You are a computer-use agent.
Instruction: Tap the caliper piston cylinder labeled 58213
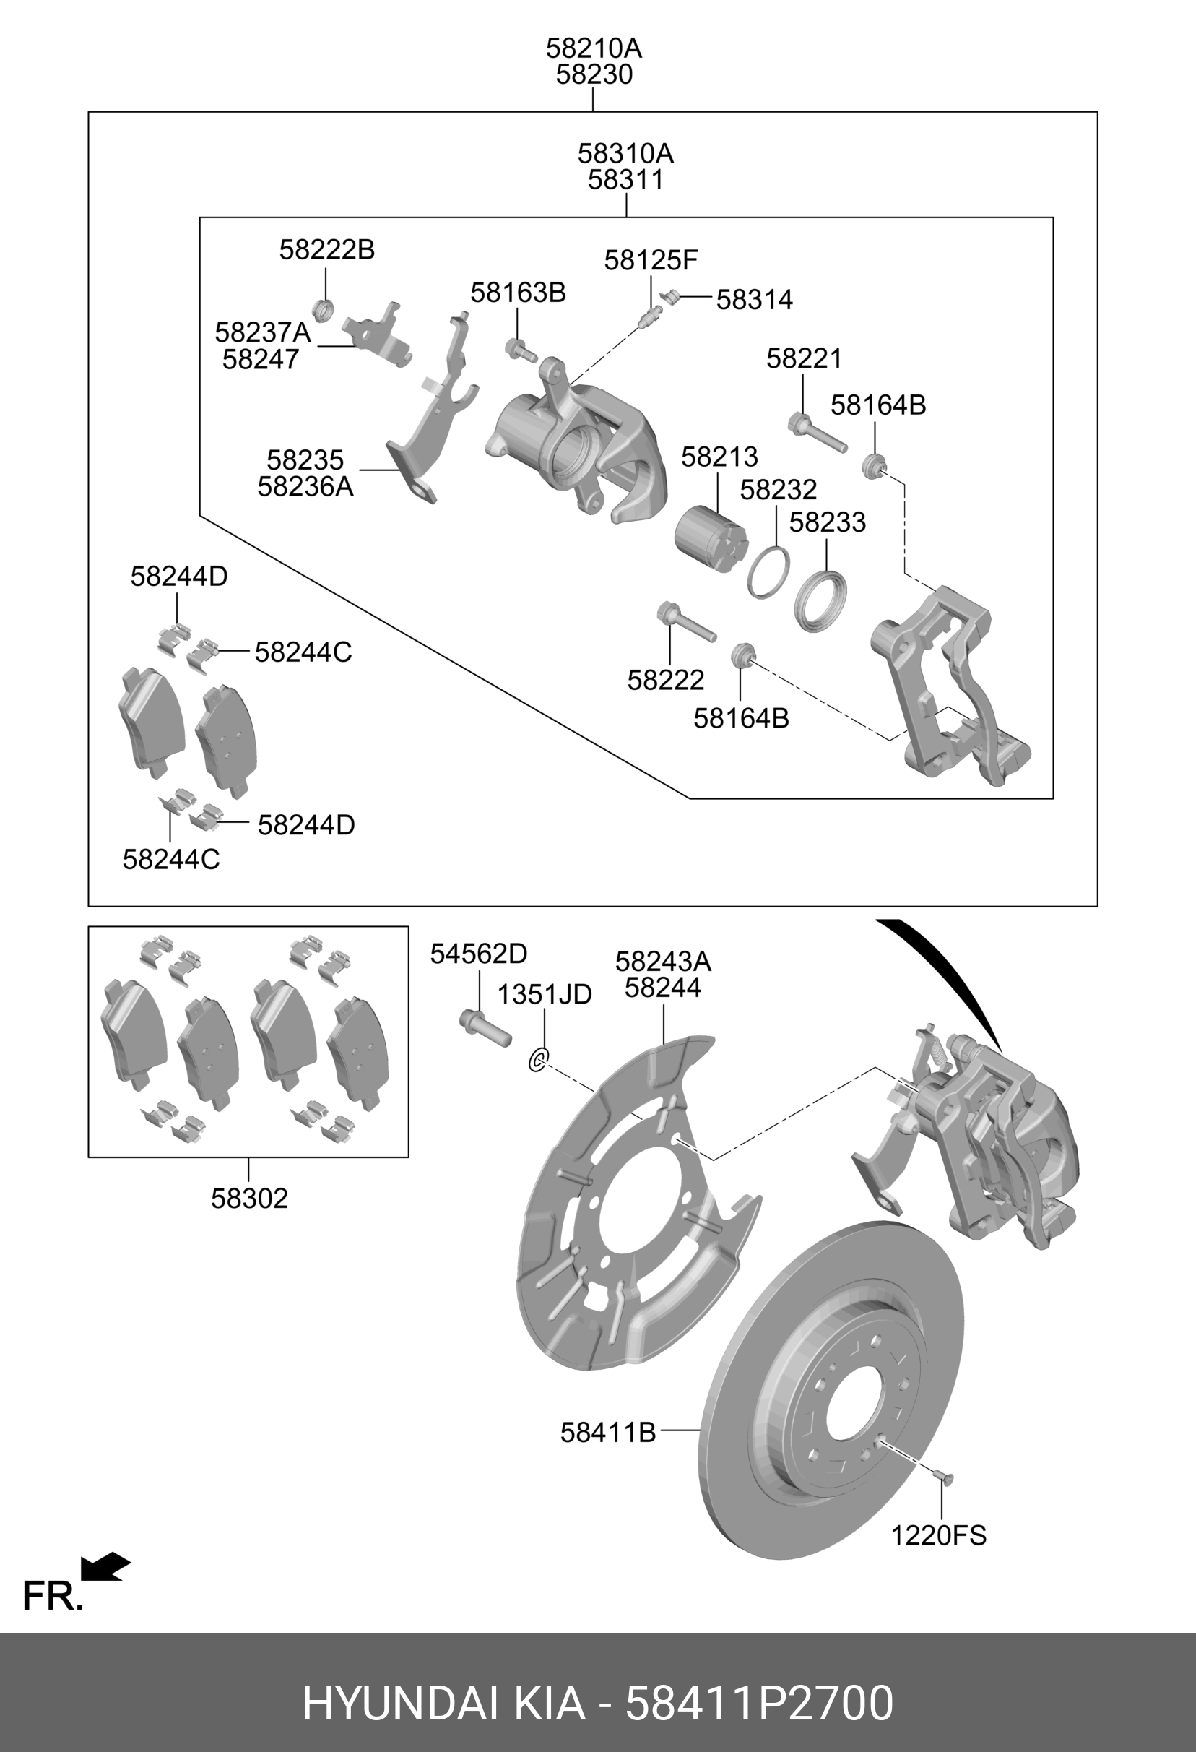tap(711, 537)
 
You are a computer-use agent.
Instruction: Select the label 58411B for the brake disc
tap(607, 1433)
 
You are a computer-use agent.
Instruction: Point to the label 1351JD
tap(544, 994)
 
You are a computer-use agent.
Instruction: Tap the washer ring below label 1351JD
tap(539, 1059)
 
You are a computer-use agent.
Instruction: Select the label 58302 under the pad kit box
tap(249, 1199)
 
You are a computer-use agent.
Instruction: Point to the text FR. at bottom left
tap(52, 1596)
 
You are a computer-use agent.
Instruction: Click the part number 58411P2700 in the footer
tap(760, 1683)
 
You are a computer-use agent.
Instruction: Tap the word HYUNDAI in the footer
tap(399, 1683)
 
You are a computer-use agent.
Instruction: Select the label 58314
tap(755, 300)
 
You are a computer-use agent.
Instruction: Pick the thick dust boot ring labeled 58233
tap(820, 602)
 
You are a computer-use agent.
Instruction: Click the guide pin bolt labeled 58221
tap(818, 433)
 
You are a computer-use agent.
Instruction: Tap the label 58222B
tap(327, 249)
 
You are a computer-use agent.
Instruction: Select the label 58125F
tap(651, 261)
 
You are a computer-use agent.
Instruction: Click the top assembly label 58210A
tap(594, 49)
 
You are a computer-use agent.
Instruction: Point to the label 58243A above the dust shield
tap(663, 962)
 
